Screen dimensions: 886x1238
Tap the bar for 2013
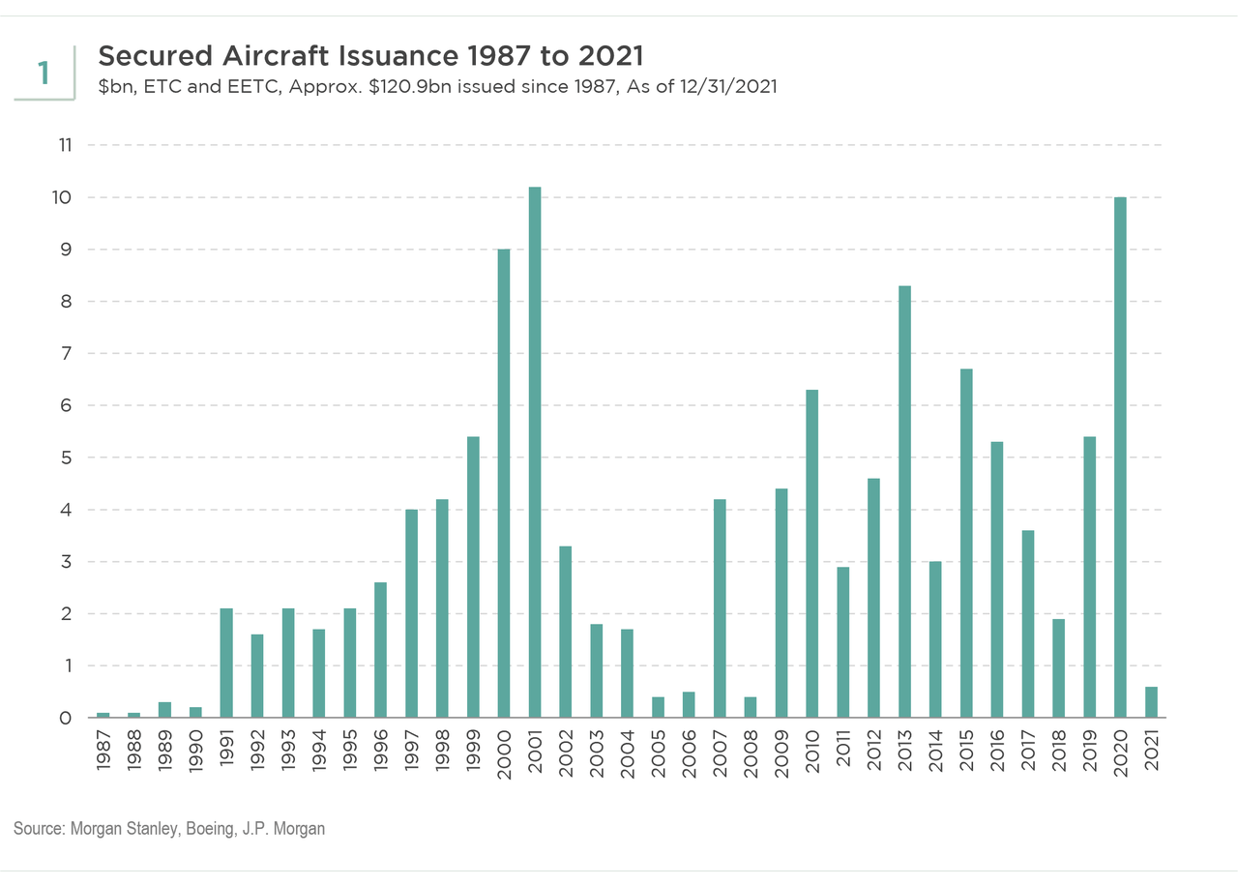tap(904, 502)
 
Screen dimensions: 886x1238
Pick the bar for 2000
tap(504, 484)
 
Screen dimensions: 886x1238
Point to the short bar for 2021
tap(1151, 702)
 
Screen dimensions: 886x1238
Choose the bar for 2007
tap(720, 608)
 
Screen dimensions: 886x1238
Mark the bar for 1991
tap(226, 663)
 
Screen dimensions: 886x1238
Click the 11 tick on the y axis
tap(66, 145)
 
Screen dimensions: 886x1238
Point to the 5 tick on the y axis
tap(66, 458)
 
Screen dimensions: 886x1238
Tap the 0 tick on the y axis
tap(66, 718)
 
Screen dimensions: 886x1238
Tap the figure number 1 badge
tap(44, 73)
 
